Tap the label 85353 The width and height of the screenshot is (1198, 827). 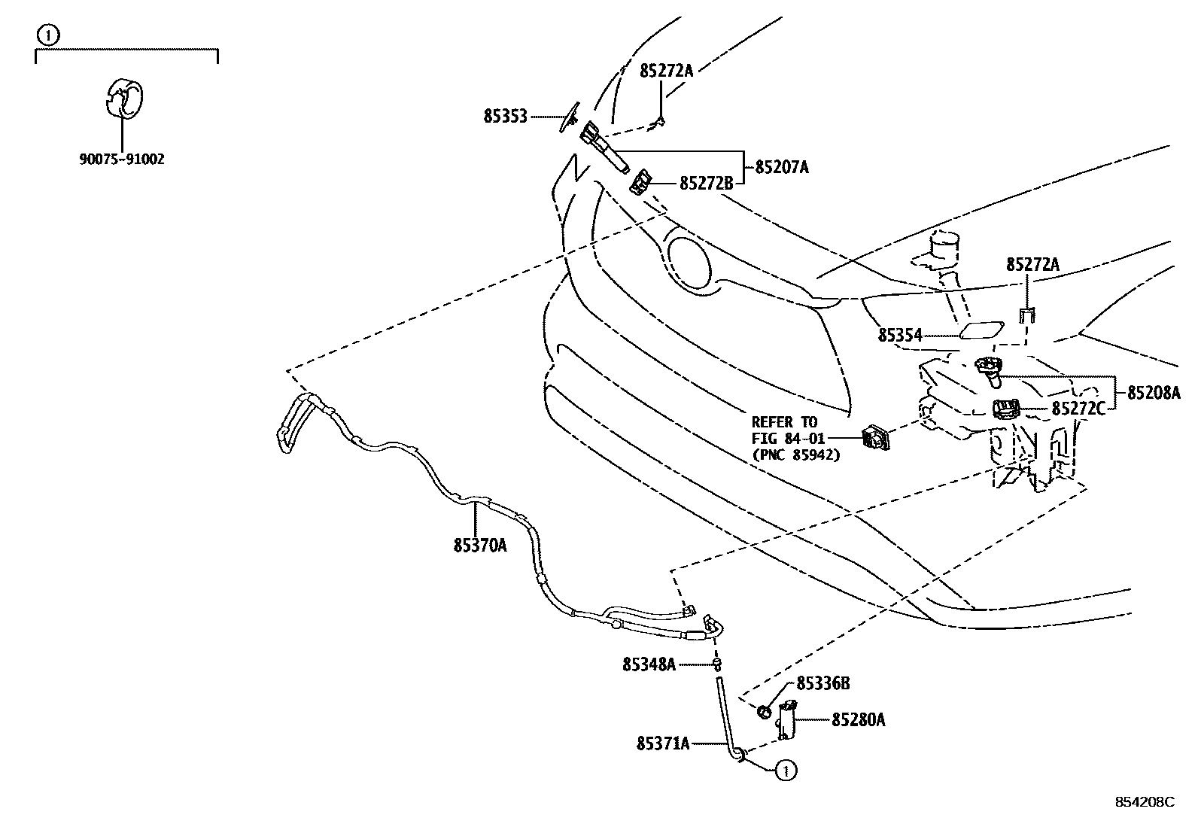(505, 117)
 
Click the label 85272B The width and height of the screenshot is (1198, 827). (706, 183)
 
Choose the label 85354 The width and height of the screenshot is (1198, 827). (899, 335)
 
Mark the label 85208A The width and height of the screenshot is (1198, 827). (1154, 392)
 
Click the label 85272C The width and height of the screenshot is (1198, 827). (1078, 409)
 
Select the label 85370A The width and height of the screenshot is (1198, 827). (480, 546)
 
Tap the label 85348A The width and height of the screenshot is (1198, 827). (649, 664)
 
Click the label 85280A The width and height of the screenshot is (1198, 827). (858, 720)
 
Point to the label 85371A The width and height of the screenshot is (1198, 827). (663, 743)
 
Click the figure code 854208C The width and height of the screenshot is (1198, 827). (1145, 802)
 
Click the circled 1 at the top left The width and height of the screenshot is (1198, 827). (47, 34)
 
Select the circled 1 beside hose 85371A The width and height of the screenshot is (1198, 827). (786, 771)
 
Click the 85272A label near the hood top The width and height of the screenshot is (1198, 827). (666, 71)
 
